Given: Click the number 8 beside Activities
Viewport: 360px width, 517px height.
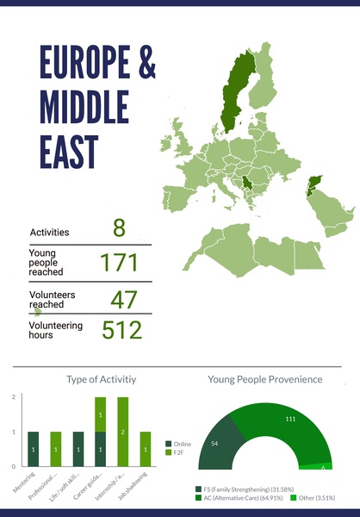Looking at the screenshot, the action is [119, 228].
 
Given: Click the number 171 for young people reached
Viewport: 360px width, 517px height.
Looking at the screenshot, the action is [119, 263].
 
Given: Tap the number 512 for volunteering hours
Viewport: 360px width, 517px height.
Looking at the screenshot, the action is [122, 331].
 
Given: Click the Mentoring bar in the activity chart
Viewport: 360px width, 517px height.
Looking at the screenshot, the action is [34, 448].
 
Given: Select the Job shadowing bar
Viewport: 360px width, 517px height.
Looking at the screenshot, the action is [146, 448].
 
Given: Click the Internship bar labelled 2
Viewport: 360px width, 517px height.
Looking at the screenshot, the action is [123, 431].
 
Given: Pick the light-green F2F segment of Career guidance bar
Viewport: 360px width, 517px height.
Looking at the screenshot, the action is [101, 414].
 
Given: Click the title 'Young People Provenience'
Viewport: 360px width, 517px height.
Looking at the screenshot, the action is [265, 379].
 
